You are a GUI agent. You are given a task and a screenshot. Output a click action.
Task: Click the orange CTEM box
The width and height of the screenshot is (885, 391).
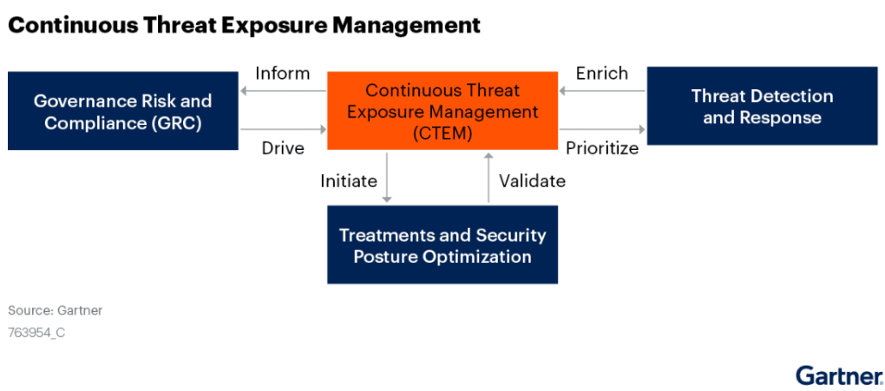point(442,111)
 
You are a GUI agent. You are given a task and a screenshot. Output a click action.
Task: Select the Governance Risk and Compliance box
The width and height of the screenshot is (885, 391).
point(123,111)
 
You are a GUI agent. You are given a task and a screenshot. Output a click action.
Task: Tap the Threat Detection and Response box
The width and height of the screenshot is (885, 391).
point(762,106)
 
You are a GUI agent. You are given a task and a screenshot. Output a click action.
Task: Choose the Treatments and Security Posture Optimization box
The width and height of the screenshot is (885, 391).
point(442,244)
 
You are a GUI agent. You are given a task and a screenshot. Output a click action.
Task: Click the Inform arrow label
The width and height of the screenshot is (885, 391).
point(283,74)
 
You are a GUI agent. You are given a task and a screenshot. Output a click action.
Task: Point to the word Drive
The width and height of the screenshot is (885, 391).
point(283,148)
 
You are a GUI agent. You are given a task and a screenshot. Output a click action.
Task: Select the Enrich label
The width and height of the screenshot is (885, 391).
point(601,74)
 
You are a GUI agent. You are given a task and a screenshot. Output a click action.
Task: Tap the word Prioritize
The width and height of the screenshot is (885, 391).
point(602,148)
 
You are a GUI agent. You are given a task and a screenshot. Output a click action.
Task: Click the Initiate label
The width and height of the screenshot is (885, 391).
point(348,180)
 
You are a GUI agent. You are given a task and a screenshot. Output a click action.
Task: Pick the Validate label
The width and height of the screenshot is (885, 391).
point(532,180)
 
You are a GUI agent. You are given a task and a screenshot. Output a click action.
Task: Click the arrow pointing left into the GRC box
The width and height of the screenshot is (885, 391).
point(283,91)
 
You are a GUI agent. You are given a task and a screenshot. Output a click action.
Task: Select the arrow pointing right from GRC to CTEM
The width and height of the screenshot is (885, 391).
point(283,130)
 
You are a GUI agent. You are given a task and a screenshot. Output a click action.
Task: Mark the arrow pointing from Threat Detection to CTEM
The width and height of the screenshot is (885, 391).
point(602,91)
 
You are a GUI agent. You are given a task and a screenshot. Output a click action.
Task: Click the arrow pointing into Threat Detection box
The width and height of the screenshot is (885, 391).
point(602,130)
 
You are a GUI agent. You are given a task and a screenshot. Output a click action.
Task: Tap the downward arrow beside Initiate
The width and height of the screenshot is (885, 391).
point(387,177)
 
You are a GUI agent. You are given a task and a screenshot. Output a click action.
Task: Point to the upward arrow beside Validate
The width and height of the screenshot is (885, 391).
point(488,177)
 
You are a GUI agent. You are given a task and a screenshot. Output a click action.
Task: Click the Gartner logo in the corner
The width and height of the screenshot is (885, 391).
point(839,375)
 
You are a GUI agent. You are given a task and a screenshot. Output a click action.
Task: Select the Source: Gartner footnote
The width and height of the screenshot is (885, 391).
point(56,311)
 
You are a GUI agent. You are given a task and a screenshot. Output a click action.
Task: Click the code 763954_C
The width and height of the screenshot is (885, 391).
point(36,333)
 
